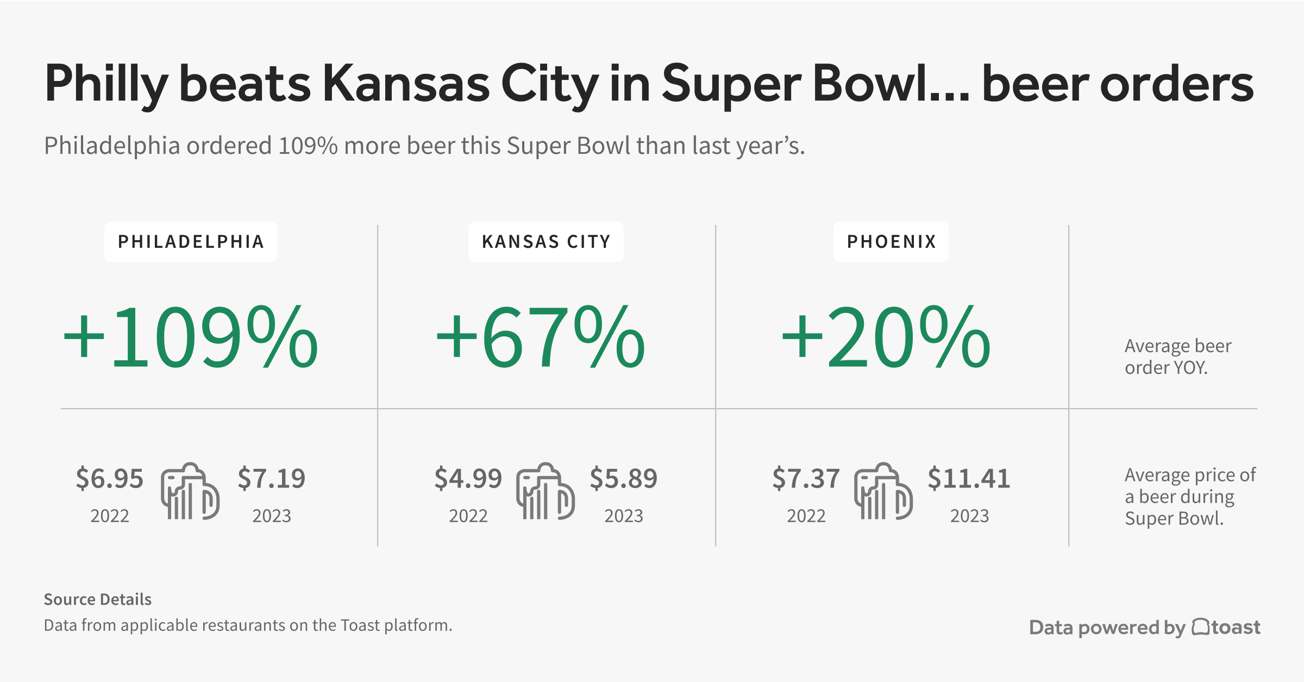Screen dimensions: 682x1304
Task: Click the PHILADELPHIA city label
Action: (191, 242)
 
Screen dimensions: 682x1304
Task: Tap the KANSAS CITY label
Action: (546, 242)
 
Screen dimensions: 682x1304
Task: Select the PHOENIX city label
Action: (891, 242)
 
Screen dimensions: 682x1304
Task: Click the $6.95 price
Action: (109, 479)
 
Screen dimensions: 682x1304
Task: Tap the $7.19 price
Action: (271, 479)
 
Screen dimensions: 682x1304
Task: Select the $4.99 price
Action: (468, 479)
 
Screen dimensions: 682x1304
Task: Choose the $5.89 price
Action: (623, 479)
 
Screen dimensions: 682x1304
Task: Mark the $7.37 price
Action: (806, 479)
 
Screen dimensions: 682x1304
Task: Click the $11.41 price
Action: (969, 479)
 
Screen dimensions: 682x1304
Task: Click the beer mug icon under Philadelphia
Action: (190, 492)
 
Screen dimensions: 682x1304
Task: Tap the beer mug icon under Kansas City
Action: (545, 492)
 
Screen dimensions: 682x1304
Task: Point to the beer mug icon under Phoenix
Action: (883, 492)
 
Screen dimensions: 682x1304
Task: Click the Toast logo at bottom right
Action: (1226, 627)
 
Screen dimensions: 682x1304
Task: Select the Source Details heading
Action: (97, 599)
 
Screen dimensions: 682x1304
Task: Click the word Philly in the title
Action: (106, 84)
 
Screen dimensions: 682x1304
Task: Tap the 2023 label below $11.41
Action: (969, 516)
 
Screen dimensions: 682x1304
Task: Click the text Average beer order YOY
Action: (1177, 356)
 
